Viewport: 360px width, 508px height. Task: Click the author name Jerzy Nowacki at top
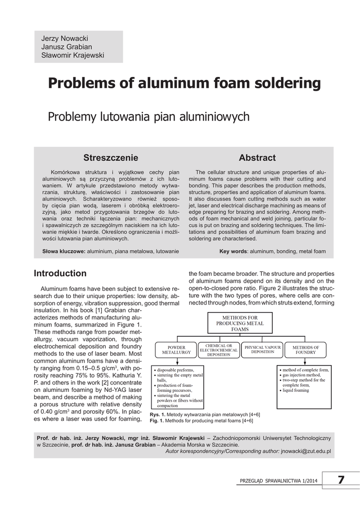(65, 38)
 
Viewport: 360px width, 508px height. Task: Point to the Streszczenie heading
(111, 158)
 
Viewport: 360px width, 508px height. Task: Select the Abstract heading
(257, 158)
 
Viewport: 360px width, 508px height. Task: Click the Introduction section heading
(60, 273)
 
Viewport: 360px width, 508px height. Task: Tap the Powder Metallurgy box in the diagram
(176, 350)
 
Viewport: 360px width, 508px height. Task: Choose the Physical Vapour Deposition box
(262, 349)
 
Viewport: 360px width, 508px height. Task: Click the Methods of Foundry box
(305, 350)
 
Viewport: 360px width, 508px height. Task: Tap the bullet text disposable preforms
(176, 370)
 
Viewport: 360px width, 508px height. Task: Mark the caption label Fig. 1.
(157, 421)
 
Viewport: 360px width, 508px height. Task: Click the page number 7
(341, 480)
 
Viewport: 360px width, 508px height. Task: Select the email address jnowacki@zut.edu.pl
(305, 451)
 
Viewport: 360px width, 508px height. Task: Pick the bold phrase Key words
(233, 252)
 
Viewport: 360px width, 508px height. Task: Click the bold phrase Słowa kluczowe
(64, 252)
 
